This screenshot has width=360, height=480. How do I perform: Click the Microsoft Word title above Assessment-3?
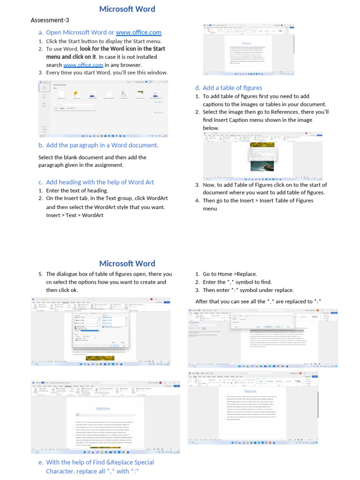(127, 9)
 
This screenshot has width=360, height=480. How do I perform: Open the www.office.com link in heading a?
(138, 32)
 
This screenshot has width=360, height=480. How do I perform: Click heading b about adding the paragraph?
(102, 145)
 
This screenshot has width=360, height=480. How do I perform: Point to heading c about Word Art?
(99, 182)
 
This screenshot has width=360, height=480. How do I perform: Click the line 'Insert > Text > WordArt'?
(75, 215)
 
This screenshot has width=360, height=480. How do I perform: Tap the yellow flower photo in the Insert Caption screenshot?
(249, 145)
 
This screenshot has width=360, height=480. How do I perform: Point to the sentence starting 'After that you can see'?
(258, 301)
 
